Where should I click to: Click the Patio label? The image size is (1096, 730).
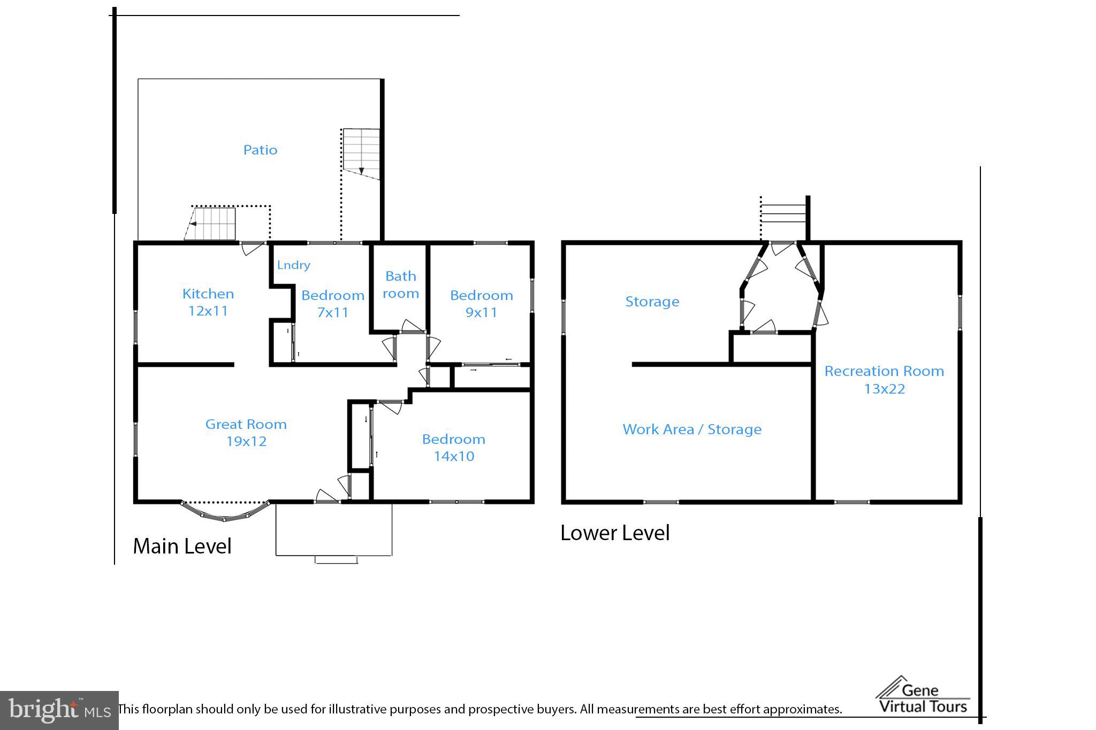[x=260, y=150]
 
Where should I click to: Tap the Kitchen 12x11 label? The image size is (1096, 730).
[x=208, y=302]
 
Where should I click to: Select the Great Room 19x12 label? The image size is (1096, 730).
[x=246, y=433]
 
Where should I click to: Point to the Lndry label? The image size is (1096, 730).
[x=293, y=265]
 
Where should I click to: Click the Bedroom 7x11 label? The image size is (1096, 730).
[x=333, y=304]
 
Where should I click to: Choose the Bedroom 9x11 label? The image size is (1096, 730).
[x=482, y=304]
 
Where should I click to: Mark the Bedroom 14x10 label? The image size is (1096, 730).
[x=454, y=448]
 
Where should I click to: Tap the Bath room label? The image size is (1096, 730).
[x=401, y=285]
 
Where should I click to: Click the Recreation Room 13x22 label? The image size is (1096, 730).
[x=884, y=380]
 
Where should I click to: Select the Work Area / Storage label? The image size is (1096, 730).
[x=692, y=429]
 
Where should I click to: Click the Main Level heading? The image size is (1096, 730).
[x=182, y=546]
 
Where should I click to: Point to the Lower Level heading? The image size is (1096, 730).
[x=615, y=533]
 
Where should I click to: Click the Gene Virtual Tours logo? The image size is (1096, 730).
[x=923, y=695]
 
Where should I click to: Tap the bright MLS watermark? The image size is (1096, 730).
[x=59, y=710]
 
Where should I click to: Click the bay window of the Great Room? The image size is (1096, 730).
[x=225, y=511]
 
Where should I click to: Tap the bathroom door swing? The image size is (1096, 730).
[x=412, y=326]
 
